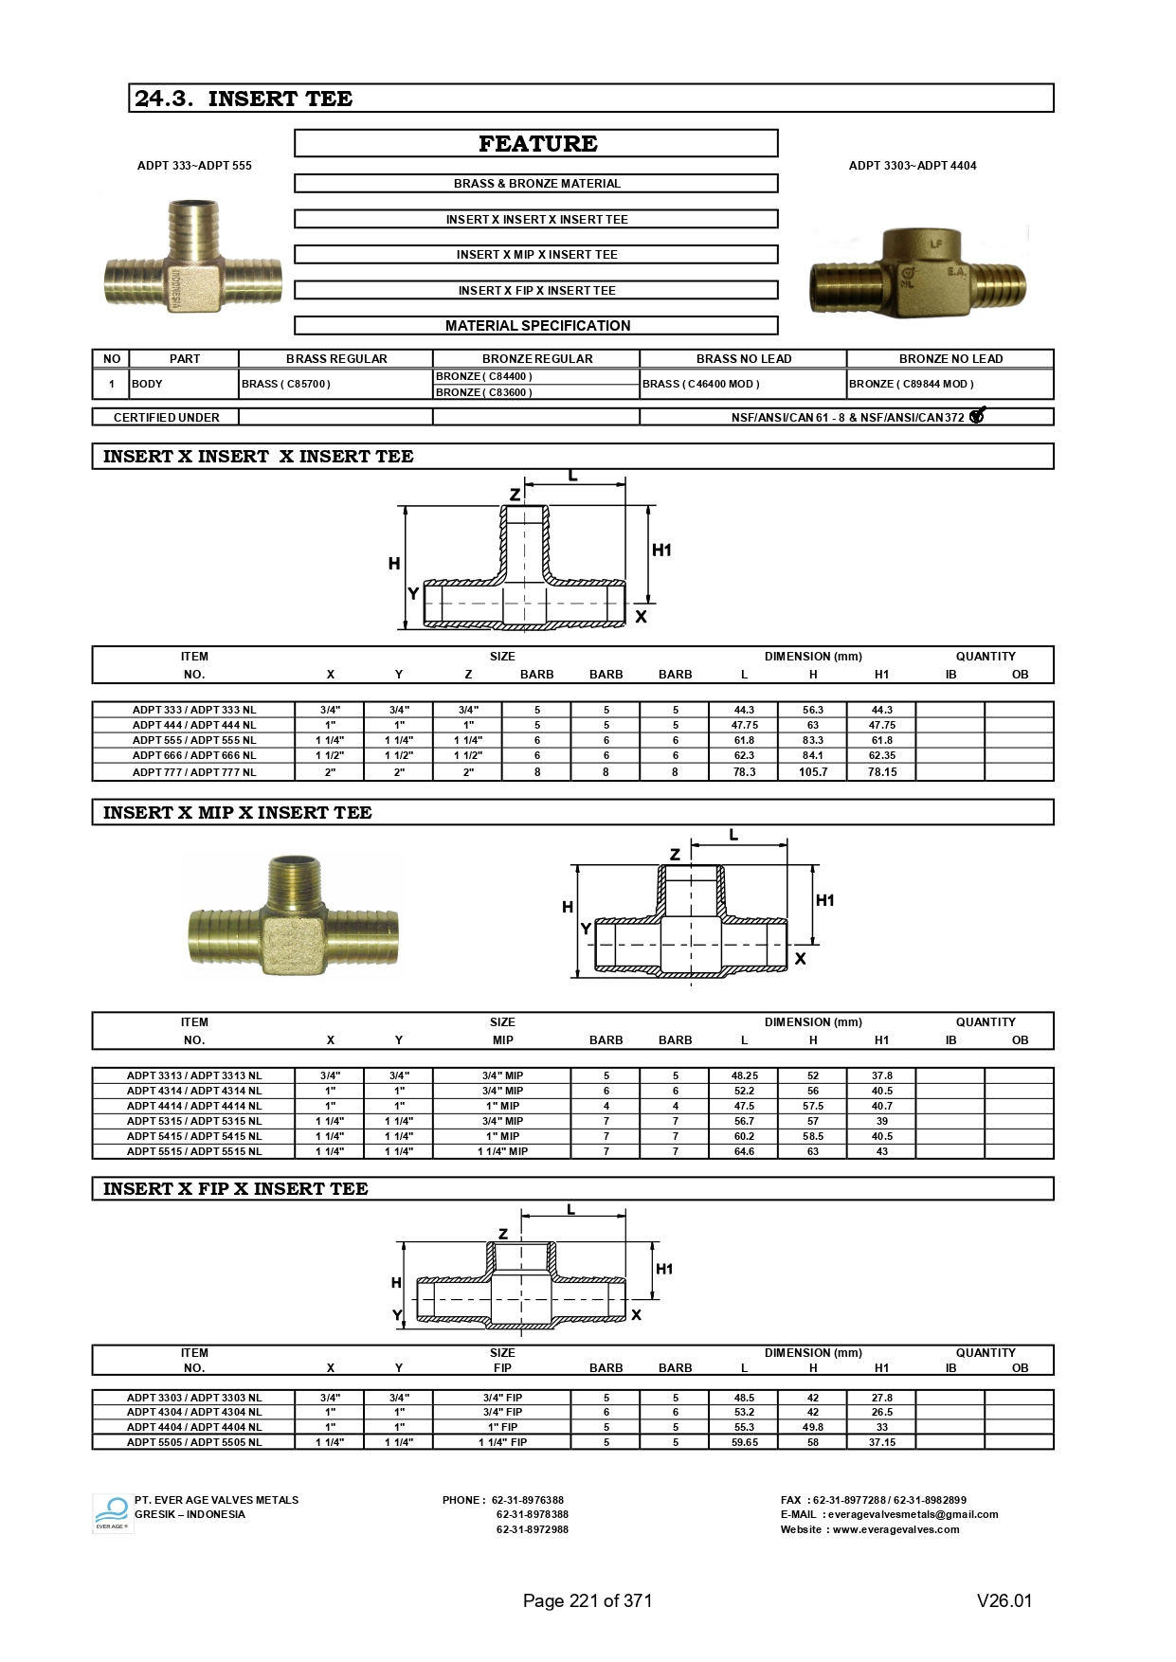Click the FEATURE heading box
(536, 143)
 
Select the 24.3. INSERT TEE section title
(244, 99)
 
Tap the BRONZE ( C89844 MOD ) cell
(912, 384)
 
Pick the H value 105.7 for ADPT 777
(813, 772)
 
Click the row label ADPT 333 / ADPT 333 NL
(194, 710)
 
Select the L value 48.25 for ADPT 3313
(744, 1075)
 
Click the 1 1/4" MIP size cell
(502, 1151)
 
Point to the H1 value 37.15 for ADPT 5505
(881, 1442)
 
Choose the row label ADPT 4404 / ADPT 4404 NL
(194, 1427)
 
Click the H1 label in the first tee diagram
(661, 550)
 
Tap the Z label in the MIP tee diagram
(675, 854)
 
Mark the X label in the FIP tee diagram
(636, 1314)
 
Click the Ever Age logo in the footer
(113, 1513)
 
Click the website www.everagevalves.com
(896, 1529)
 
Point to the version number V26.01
(1004, 1600)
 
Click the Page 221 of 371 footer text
(588, 1600)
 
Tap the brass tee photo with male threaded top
(293, 915)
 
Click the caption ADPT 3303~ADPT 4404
(912, 165)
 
